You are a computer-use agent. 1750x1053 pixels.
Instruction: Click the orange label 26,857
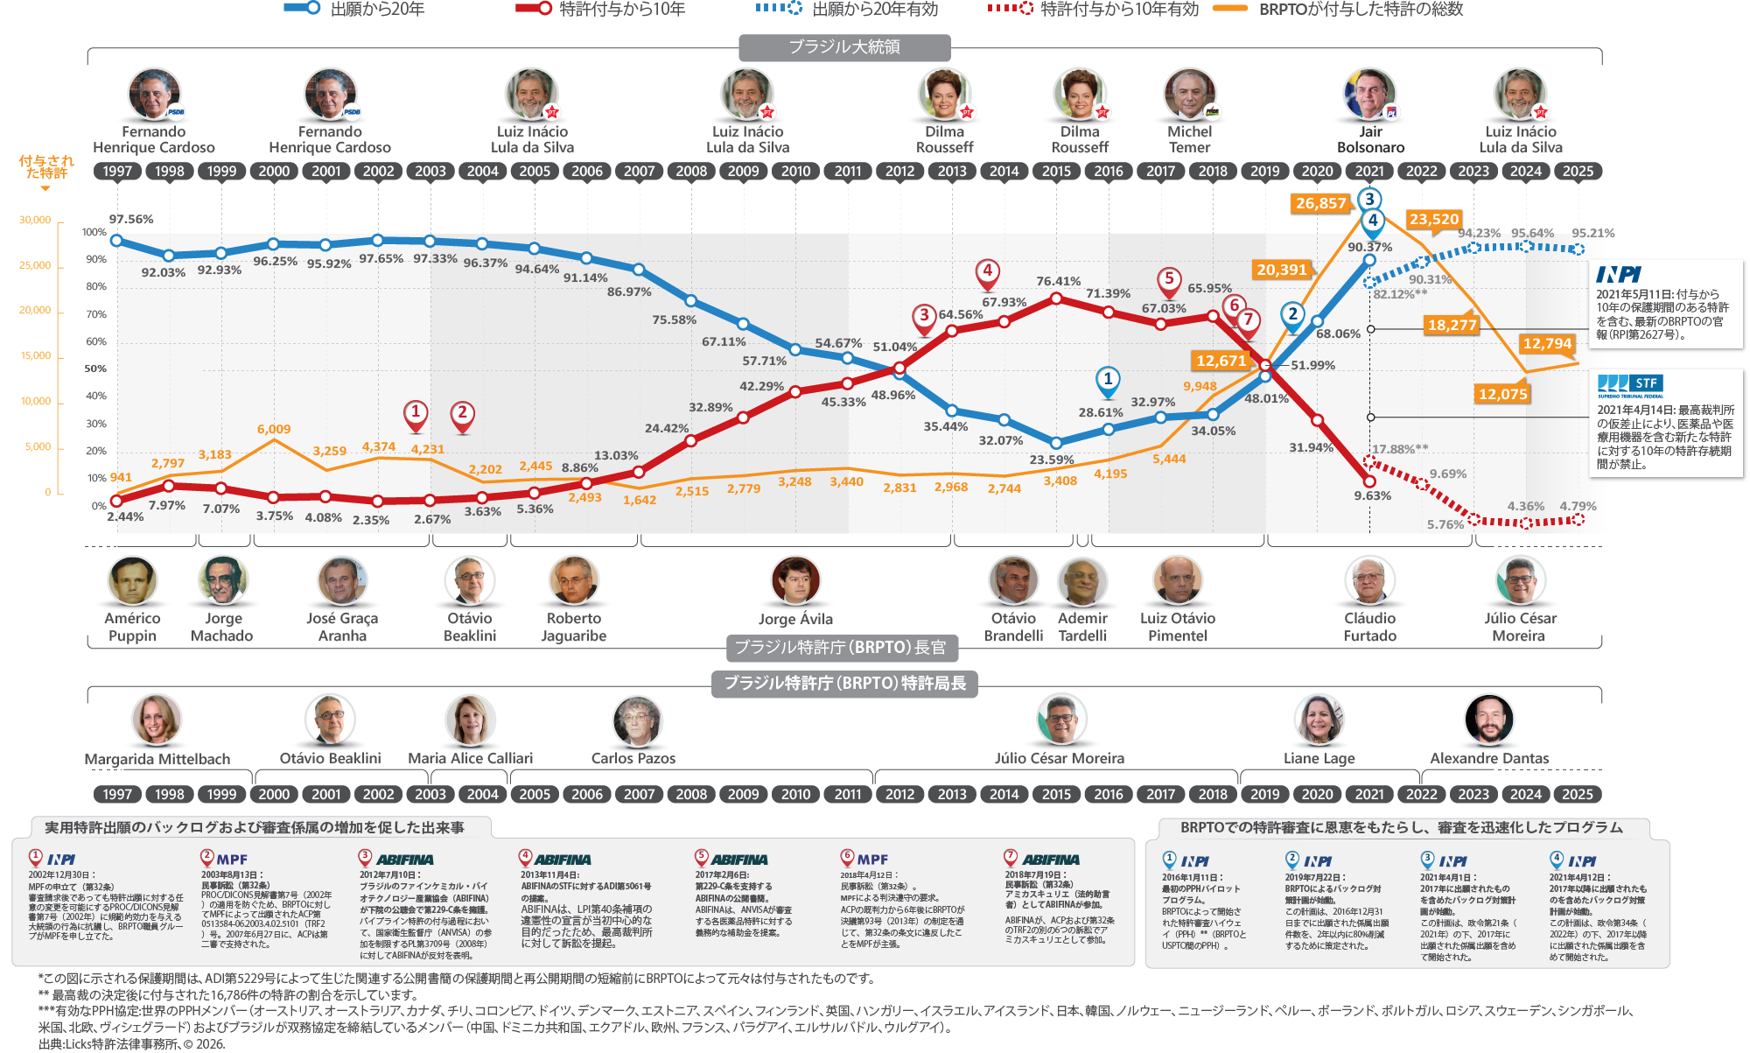tap(1320, 203)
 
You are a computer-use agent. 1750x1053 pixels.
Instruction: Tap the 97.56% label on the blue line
tap(131, 219)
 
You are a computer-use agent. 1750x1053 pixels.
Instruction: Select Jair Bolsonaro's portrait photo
tap(1369, 95)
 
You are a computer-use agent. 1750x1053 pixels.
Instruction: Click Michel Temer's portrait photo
tap(1189, 95)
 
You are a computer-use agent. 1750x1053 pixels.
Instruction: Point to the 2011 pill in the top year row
tap(848, 172)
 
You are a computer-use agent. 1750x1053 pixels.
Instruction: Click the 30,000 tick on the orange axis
tap(35, 220)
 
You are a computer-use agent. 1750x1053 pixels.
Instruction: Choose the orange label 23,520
tap(1434, 219)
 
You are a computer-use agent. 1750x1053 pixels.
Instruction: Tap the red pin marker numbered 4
tap(988, 272)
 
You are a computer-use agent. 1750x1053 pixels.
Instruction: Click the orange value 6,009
tap(274, 429)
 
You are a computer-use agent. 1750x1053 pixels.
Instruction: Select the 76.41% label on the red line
tap(1058, 281)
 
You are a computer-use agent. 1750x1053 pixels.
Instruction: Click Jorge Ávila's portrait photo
tap(795, 580)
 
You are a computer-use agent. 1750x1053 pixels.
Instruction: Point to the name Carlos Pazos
tap(633, 758)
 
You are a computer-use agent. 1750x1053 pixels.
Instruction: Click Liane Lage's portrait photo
tap(1319, 720)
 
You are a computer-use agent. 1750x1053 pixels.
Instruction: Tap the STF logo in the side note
tap(1629, 384)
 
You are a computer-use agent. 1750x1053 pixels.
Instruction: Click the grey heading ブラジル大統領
tap(844, 46)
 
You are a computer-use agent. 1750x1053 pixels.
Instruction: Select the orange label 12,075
tap(1502, 394)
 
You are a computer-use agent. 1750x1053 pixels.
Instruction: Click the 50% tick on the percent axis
tap(95, 369)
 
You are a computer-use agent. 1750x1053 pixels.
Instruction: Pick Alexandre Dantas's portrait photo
tap(1488, 720)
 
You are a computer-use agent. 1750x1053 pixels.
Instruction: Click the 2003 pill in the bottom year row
tap(430, 794)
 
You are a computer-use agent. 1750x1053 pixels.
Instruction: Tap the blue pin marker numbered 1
tap(1108, 381)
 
